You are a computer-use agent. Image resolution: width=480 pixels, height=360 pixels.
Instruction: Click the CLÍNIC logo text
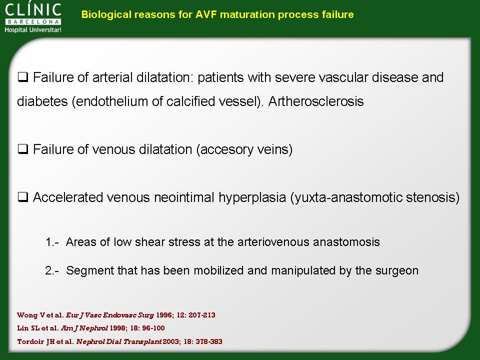tap(33, 9)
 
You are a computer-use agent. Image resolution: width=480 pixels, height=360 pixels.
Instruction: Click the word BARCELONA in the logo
tap(33, 21)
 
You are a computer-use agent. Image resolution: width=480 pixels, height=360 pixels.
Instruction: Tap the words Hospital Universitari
tap(33, 29)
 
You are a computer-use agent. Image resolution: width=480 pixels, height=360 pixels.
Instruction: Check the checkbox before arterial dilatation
tap(23, 77)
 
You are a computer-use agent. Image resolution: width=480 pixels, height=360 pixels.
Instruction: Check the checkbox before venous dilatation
tap(23, 149)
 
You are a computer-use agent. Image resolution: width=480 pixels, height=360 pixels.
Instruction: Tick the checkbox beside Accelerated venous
tap(23, 197)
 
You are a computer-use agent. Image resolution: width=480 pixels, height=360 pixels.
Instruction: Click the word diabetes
tap(42, 101)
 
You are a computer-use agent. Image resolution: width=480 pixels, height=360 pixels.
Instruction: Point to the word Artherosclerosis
tap(316, 101)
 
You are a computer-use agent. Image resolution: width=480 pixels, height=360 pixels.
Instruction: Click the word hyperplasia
tap(252, 198)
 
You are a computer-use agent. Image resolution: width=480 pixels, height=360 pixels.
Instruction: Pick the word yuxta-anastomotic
tap(346, 198)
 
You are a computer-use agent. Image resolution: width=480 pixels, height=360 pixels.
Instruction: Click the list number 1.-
tap(51, 242)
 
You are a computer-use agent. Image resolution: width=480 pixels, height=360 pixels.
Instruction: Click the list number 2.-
tap(51, 270)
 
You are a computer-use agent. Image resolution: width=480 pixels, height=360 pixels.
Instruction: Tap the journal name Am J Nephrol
tap(84, 328)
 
